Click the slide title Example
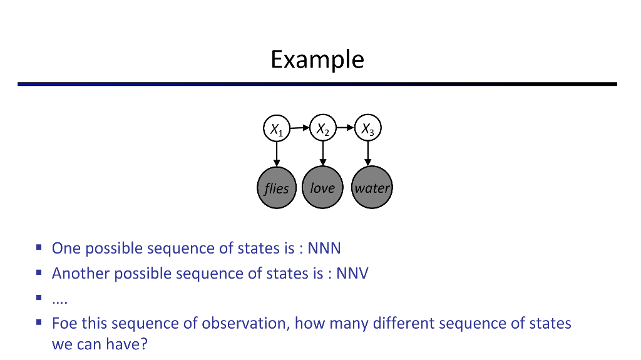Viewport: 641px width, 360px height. click(x=317, y=59)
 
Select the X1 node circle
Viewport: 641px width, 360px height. click(x=276, y=129)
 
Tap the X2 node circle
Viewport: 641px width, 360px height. click(x=322, y=129)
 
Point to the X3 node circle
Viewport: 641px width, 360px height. click(x=368, y=129)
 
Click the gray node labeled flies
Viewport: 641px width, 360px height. click(x=277, y=188)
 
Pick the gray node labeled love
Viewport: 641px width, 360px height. click(x=322, y=188)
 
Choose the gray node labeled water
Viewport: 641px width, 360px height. click(x=372, y=188)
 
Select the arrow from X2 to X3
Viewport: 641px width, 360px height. click(x=345, y=128)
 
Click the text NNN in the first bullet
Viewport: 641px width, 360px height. click(x=324, y=249)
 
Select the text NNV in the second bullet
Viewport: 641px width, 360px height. click(x=352, y=274)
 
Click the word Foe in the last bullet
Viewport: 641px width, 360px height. click(x=64, y=324)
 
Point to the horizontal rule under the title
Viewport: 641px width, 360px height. click(x=317, y=84)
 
